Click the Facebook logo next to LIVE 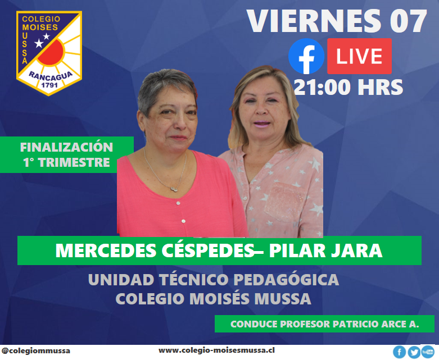coord(306,56)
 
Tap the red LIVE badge coord(360,56)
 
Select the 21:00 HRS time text coord(349,87)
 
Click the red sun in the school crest coord(51,53)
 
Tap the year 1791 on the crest coord(49,85)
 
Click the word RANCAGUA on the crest coord(51,76)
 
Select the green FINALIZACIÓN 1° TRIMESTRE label coord(67,154)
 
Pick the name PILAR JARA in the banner coord(325,250)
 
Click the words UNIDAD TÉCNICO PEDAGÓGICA coord(214,280)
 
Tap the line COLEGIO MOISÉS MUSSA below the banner coord(214,298)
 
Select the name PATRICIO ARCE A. coord(375,324)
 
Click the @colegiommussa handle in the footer coord(36,351)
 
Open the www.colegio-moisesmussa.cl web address coord(216,350)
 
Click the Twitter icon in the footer coord(414,352)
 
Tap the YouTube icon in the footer coord(428,352)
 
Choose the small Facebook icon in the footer coord(400,352)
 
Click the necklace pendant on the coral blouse coord(174,189)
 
